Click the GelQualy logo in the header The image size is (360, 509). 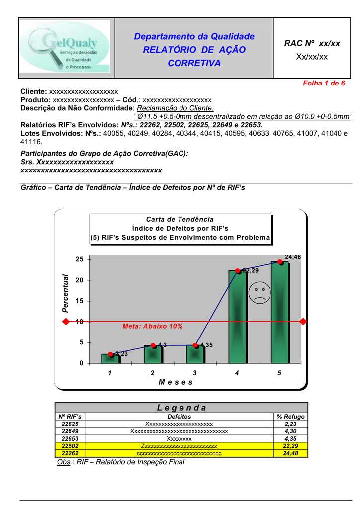point(67,48)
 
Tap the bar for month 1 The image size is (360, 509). point(110,358)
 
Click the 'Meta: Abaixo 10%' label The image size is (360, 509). point(153,327)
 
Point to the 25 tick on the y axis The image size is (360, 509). point(79,259)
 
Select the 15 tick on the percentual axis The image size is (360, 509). point(79,301)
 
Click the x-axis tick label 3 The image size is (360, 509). point(195,373)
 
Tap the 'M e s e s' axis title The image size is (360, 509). point(175,382)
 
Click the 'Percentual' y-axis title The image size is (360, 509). point(65,293)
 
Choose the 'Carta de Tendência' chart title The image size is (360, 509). point(180,219)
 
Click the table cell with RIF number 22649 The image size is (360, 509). point(70,431)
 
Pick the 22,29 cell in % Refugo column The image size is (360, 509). point(291,446)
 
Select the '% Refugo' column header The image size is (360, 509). point(291,417)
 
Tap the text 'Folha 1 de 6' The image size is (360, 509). point(324,83)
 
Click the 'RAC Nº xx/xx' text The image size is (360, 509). point(312,44)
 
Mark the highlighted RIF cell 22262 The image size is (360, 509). point(70,454)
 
